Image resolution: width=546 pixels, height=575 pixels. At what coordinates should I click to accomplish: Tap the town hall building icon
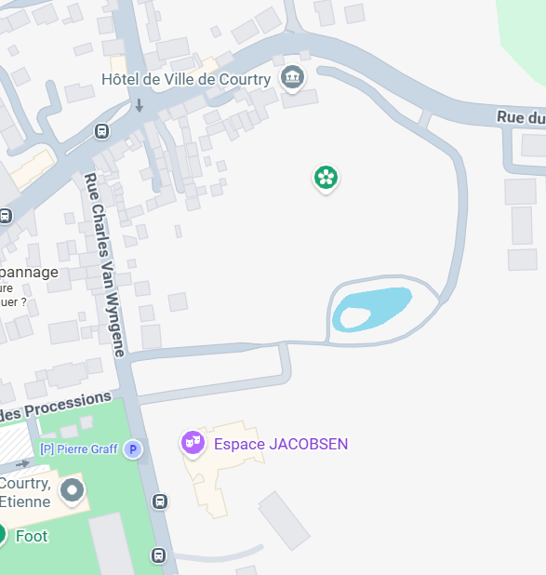click(x=293, y=77)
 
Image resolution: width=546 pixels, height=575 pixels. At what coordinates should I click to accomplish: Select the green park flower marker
click(x=325, y=177)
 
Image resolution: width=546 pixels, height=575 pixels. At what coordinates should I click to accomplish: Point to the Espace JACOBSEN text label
click(x=281, y=444)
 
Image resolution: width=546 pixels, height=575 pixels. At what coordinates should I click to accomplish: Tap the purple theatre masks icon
click(x=193, y=443)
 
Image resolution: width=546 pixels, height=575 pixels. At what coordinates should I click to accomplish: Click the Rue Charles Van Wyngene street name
click(x=104, y=264)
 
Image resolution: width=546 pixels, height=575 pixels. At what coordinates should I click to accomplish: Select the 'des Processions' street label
click(x=56, y=406)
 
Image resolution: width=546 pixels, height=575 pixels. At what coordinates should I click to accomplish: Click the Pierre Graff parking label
click(x=79, y=449)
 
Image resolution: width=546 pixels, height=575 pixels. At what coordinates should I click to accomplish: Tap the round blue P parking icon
click(x=133, y=449)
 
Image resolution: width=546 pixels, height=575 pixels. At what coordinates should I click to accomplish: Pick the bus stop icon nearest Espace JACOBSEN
click(x=160, y=502)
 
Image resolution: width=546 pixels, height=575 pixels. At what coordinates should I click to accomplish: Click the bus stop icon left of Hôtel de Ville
click(x=100, y=131)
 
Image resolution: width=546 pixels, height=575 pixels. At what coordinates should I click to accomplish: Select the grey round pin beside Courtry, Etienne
click(x=72, y=489)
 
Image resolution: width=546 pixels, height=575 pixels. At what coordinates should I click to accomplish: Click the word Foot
click(x=32, y=536)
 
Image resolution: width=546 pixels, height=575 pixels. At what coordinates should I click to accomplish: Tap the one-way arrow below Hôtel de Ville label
click(x=140, y=105)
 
